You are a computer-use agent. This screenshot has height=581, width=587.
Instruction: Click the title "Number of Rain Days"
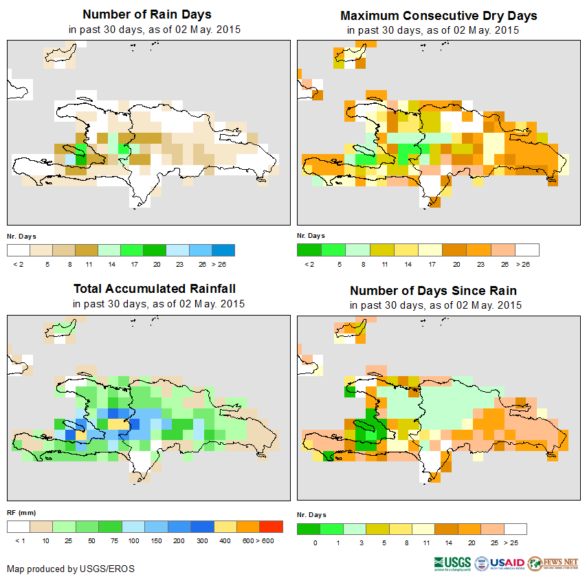point(146,14)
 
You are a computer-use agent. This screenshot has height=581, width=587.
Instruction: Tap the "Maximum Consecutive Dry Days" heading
point(439,15)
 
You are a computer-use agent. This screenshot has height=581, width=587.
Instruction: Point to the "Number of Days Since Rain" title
point(433,290)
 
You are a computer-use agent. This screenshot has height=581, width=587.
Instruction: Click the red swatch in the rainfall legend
point(272,527)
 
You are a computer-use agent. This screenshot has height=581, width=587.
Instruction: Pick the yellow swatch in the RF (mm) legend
point(225,527)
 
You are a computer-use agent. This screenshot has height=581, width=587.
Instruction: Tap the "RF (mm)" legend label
point(21,513)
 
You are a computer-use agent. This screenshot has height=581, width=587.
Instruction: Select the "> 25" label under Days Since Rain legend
point(514,543)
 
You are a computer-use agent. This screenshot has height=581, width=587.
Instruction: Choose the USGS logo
point(452,564)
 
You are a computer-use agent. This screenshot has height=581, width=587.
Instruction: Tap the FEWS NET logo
point(553,564)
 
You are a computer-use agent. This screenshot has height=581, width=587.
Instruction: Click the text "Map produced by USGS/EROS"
point(71,569)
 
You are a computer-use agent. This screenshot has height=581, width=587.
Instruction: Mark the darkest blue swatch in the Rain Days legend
point(224,250)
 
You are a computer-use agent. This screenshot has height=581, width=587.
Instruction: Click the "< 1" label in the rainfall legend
point(19,541)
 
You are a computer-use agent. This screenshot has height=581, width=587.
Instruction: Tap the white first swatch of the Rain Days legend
point(19,250)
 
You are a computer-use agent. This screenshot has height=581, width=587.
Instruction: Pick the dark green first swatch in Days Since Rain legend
point(309,529)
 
